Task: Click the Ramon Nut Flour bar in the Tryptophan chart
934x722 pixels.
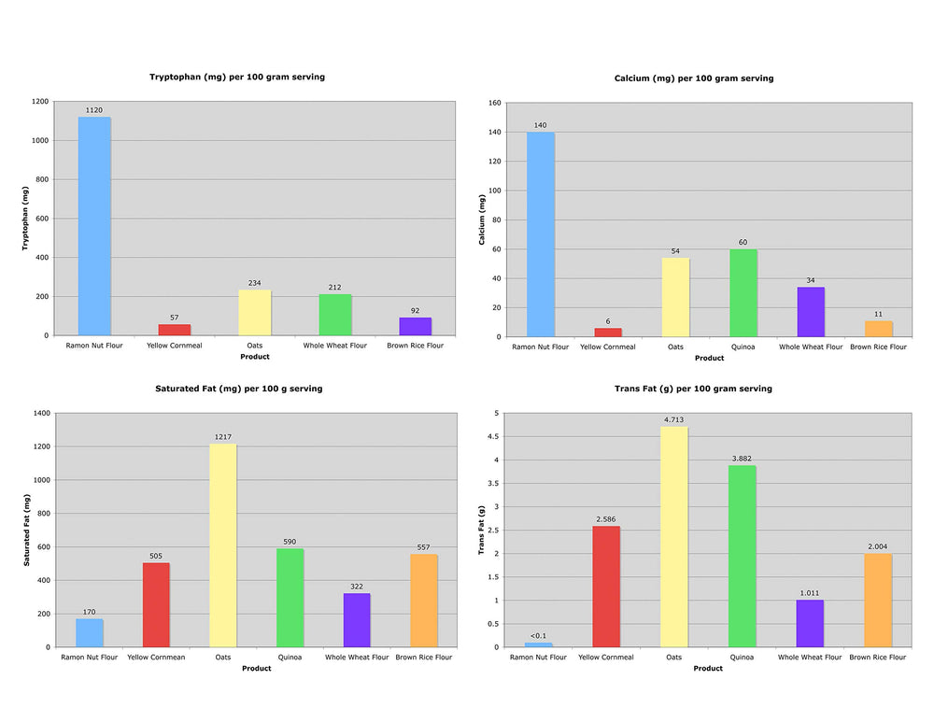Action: [94, 226]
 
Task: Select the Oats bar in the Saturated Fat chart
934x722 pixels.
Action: [223, 545]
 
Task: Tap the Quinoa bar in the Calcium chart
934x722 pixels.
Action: [743, 293]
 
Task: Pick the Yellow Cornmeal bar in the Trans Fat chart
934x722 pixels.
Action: [606, 587]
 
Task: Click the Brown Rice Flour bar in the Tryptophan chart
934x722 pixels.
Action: [416, 327]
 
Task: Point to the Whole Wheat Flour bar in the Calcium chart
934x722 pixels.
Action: [811, 312]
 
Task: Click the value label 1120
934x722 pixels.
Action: [94, 110]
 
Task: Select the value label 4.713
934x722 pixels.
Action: [673, 420]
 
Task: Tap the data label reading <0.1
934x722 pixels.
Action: [538, 636]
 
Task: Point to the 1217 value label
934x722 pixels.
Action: [223, 437]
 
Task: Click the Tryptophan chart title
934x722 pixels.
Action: [237, 77]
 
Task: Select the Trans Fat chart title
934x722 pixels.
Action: [693, 389]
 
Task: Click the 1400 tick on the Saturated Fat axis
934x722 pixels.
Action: [42, 413]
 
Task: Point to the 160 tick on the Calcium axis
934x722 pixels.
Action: [494, 103]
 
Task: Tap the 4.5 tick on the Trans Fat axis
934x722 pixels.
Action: [492, 436]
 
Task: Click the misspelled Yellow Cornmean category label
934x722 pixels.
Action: [156, 657]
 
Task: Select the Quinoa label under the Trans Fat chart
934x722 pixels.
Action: [742, 657]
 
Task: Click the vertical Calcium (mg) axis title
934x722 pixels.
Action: [482, 219]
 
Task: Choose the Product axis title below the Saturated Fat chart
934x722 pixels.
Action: [257, 669]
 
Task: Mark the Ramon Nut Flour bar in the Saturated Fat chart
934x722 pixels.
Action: [90, 632]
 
